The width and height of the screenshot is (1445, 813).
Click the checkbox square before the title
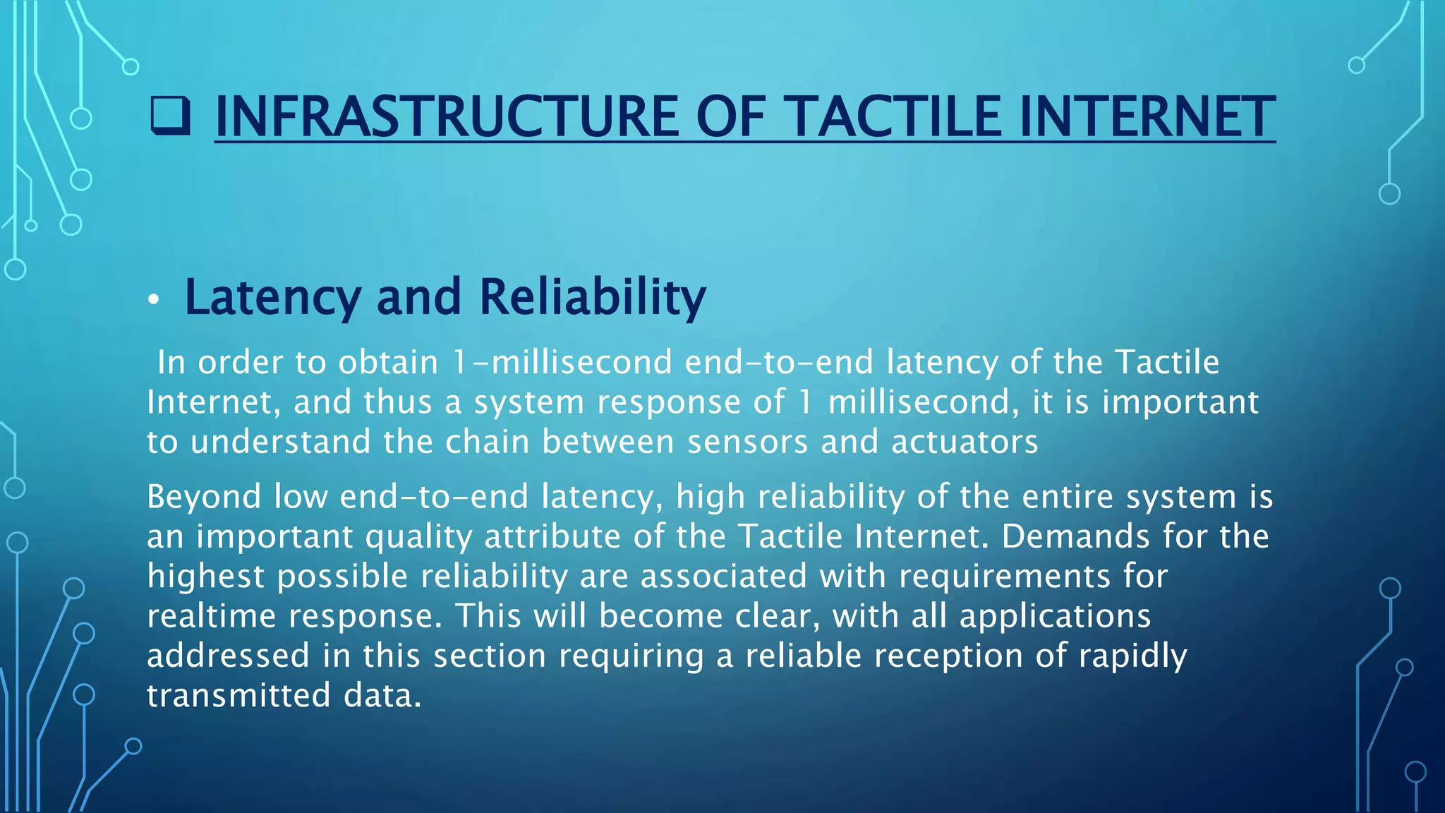[x=170, y=117]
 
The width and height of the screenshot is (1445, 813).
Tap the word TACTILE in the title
[x=892, y=117]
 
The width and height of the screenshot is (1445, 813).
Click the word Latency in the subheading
[x=272, y=297]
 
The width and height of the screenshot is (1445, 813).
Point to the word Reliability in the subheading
[x=592, y=297]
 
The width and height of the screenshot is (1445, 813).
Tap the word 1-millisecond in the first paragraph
[x=562, y=363]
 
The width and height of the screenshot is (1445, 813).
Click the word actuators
[x=964, y=442]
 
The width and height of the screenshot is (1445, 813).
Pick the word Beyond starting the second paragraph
[x=204, y=497]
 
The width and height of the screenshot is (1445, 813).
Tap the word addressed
[x=228, y=656]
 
